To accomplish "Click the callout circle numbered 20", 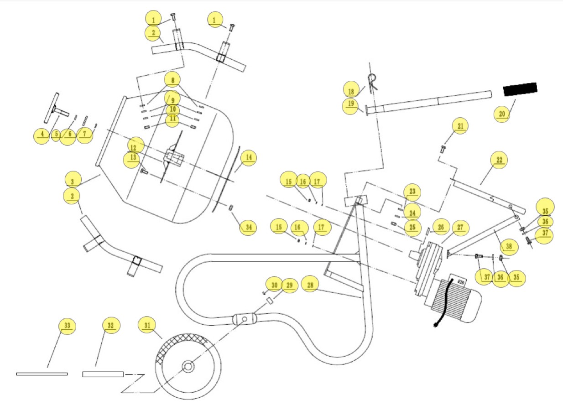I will [x=502, y=114].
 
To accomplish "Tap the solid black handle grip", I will [x=520, y=89].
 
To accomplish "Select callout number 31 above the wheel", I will [x=147, y=326].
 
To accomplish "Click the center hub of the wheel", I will [x=188, y=366].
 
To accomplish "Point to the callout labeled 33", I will [x=67, y=326].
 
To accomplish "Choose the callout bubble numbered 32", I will [x=110, y=325].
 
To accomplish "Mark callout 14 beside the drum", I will [x=249, y=158].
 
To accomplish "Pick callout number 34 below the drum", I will [x=248, y=227].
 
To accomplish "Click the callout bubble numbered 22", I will [x=498, y=161].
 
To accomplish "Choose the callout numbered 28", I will [x=310, y=285].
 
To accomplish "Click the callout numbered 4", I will [x=42, y=135].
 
